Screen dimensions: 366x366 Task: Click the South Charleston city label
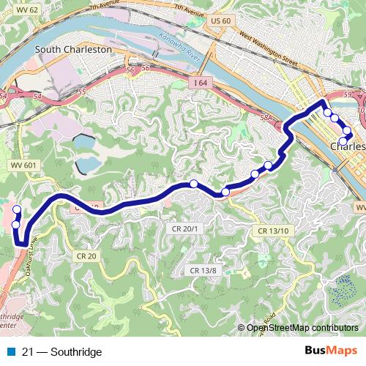pos(72,49)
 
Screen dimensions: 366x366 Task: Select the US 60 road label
pos(220,20)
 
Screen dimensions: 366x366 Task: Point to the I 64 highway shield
pos(201,84)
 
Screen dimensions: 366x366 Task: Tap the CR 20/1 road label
pos(186,229)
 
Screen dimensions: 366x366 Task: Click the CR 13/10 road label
pos(274,231)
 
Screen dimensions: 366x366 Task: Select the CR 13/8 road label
pos(204,271)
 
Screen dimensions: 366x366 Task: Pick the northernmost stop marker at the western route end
pos(17,210)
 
